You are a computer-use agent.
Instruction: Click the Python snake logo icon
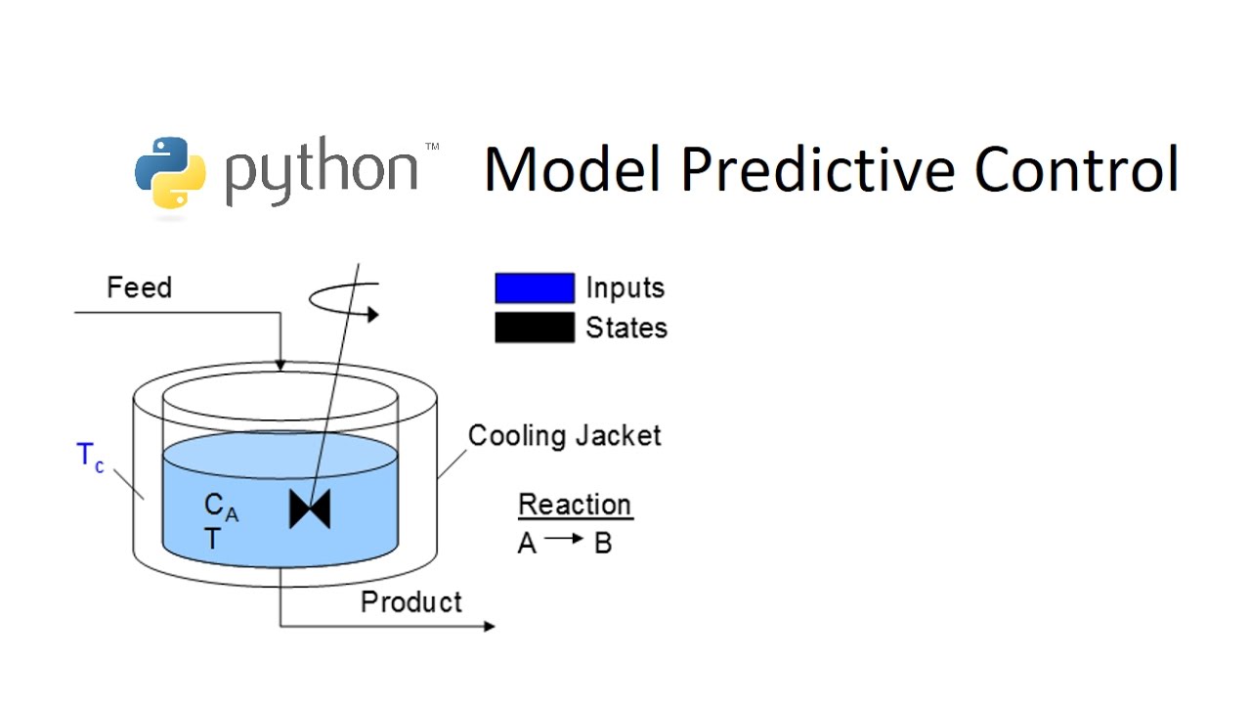coord(170,173)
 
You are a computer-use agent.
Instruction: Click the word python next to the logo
coord(322,173)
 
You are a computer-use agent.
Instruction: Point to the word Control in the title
coord(1076,168)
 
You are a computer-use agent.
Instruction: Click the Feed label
coord(139,287)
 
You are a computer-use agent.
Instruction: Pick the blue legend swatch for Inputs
coord(535,288)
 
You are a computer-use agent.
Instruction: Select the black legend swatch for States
coord(535,328)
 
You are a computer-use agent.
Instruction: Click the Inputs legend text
coord(625,288)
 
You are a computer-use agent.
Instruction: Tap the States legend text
coord(626,328)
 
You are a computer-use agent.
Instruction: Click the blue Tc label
coord(90,457)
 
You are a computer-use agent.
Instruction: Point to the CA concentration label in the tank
coord(220,506)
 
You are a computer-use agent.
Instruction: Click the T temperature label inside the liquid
coord(212,539)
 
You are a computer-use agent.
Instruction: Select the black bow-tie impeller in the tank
coord(310,509)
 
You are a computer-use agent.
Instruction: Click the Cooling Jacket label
coord(564,435)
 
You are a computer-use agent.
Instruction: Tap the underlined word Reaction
coord(575,505)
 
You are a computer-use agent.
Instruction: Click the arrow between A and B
coord(564,540)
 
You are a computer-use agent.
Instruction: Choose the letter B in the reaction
coord(603,544)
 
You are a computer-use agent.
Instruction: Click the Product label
coord(411,601)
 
